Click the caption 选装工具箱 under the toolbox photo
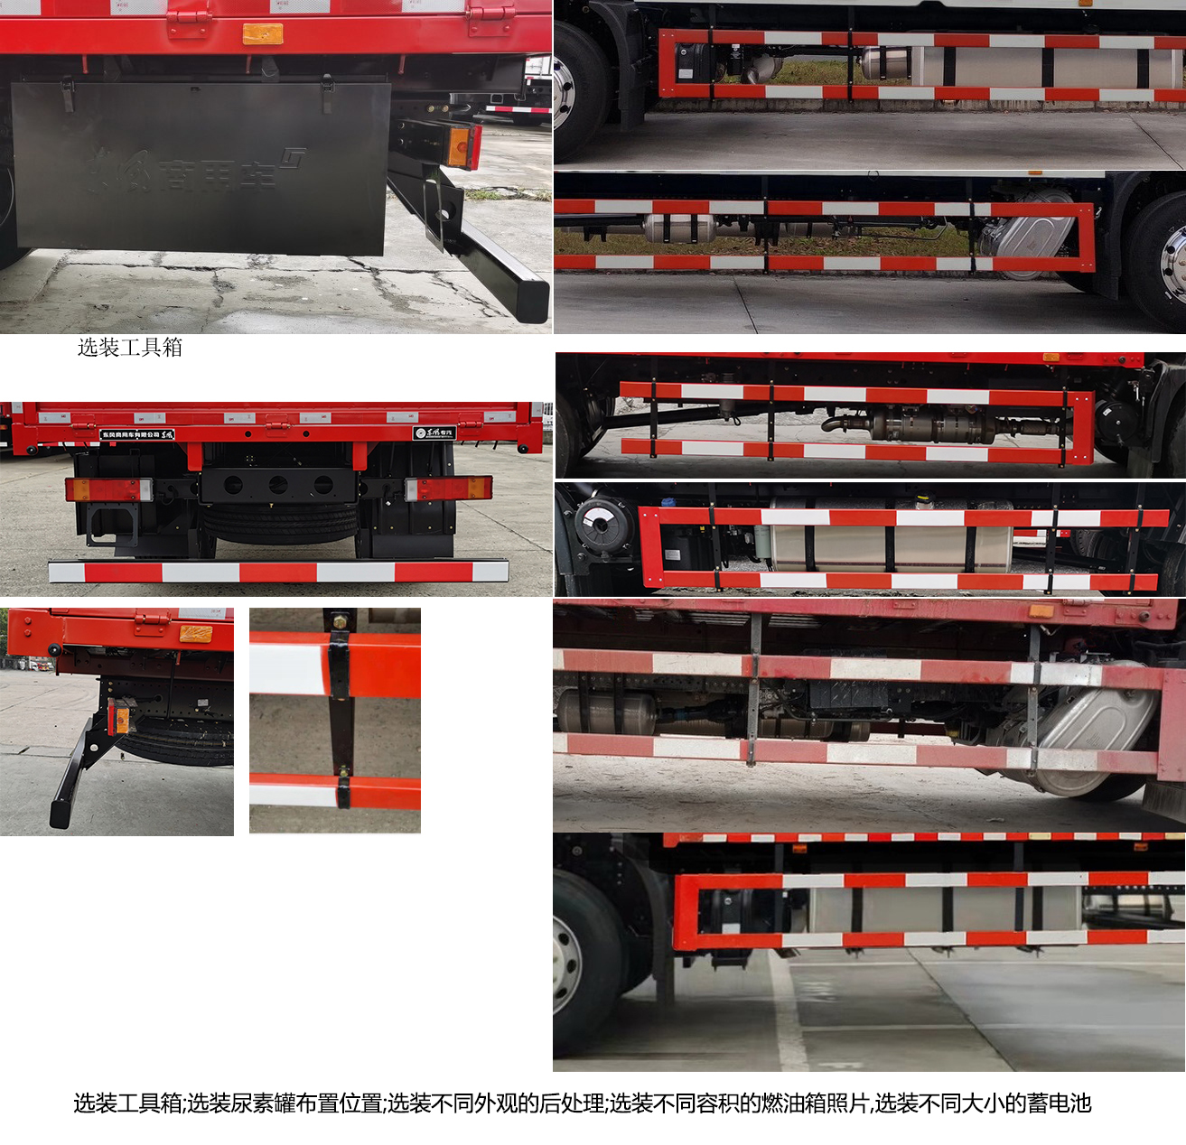point(130,348)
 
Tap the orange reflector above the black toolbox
point(263,34)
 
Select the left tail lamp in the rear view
point(107,489)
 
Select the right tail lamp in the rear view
point(448,489)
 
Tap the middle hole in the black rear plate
point(278,486)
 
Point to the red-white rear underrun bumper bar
point(278,572)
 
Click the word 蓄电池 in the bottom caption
point(1065,1103)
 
